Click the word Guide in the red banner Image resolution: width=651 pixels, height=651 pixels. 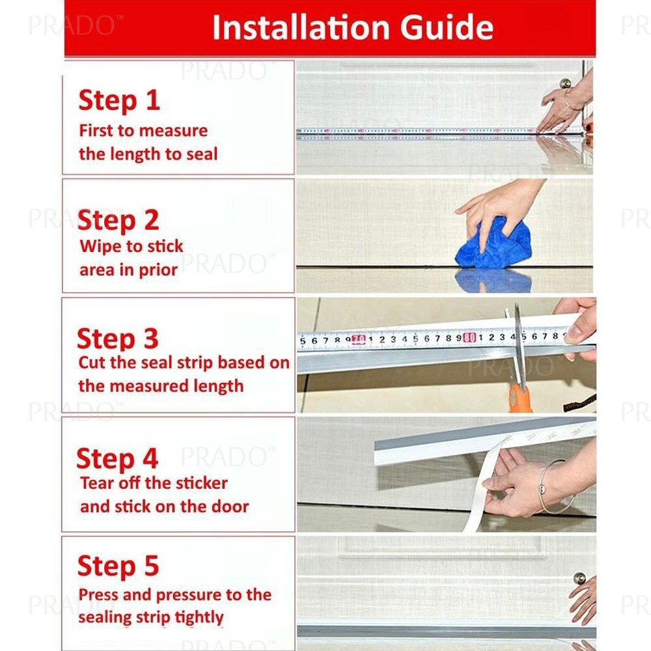pyautogui.click(x=447, y=27)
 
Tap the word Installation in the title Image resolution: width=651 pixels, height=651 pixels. pyautogui.click(x=301, y=27)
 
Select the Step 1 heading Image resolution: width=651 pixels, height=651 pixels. pyautogui.click(x=119, y=100)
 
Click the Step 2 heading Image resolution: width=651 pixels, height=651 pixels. pyautogui.click(x=118, y=221)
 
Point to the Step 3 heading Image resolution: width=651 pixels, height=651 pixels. pyautogui.click(x=118, y=339)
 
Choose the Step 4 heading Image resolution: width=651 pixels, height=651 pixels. pyautogui.click(x=117, y=459)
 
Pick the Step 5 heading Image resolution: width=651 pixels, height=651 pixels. pyautogui.click(x=118, y=566)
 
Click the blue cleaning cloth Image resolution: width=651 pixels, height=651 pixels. pyautogui.click(x=493, y=245)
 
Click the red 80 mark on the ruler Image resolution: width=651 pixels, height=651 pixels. pyautogui.click(x=469, y=337)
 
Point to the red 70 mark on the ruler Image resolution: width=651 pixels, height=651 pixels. pyautogui.click(x=359, y=340)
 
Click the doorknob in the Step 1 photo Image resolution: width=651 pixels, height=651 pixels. pyautogui.click(x=565, y=83)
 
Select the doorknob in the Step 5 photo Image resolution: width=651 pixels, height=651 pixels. pyautogui.click(x=579, y=578)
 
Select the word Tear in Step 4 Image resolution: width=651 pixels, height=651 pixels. pyautogui.click(x=97, y=483)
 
